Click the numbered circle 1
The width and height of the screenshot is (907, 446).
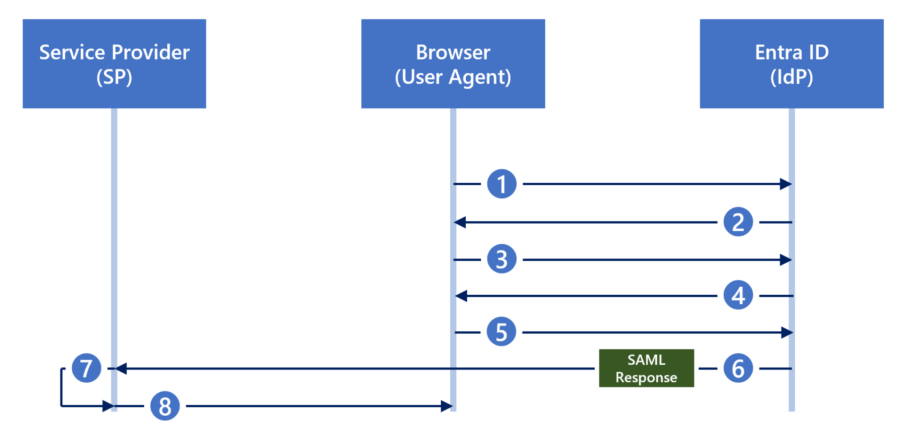coord(502,184)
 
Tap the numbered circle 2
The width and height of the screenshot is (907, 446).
coord(738,222)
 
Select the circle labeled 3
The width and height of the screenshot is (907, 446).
coord(502,259)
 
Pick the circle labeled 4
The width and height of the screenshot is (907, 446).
coord(738,295)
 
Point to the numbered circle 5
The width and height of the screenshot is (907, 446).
coord(501,332)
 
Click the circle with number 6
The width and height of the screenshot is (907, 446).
coord(738,368)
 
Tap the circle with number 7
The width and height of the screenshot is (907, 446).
coord(86,368)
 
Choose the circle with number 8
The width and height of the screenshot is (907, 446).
coord(165,406)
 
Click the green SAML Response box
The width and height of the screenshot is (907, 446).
coord(646,368)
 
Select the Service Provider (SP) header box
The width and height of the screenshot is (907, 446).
coord(114,64)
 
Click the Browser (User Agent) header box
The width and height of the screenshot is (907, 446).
coord(453,64)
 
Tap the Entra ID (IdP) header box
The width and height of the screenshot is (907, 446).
coord(792,64)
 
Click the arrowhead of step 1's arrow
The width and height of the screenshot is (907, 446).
coord(786,184)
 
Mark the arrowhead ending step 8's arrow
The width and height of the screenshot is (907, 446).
coord(446,406)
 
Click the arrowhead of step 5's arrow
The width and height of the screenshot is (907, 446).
coord(787,333)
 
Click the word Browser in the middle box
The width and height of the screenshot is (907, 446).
coord(453,52)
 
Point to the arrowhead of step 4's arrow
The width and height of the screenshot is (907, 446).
coord(462,296)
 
